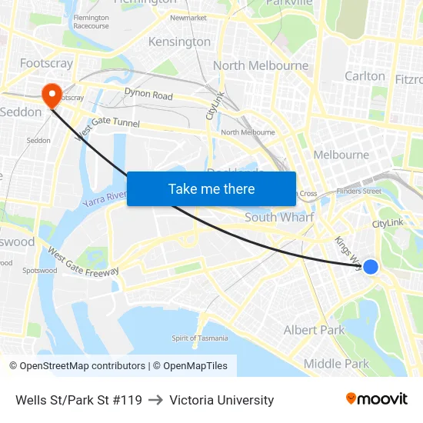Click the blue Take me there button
tap(211, 188)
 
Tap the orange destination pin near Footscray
tap(52, 95)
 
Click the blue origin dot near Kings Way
tap(371, 267)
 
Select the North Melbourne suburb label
tap(261, 65)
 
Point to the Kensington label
tap(179, 42)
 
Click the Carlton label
tap(365, 75)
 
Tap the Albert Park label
tap(315, 330)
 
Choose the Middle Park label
tap(336, 364)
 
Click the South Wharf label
tap(279, 218)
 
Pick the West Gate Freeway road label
tap(83, 262)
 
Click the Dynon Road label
tap(148, 95)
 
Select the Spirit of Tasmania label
tap(199, 338)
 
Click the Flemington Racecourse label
tap(91, 22)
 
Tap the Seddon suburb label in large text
tap(21, 112)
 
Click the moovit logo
tap(377, 399)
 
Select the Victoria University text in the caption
tap(221, 400)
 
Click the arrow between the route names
tap(155, 400)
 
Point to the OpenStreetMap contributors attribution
tap(77, 366)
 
